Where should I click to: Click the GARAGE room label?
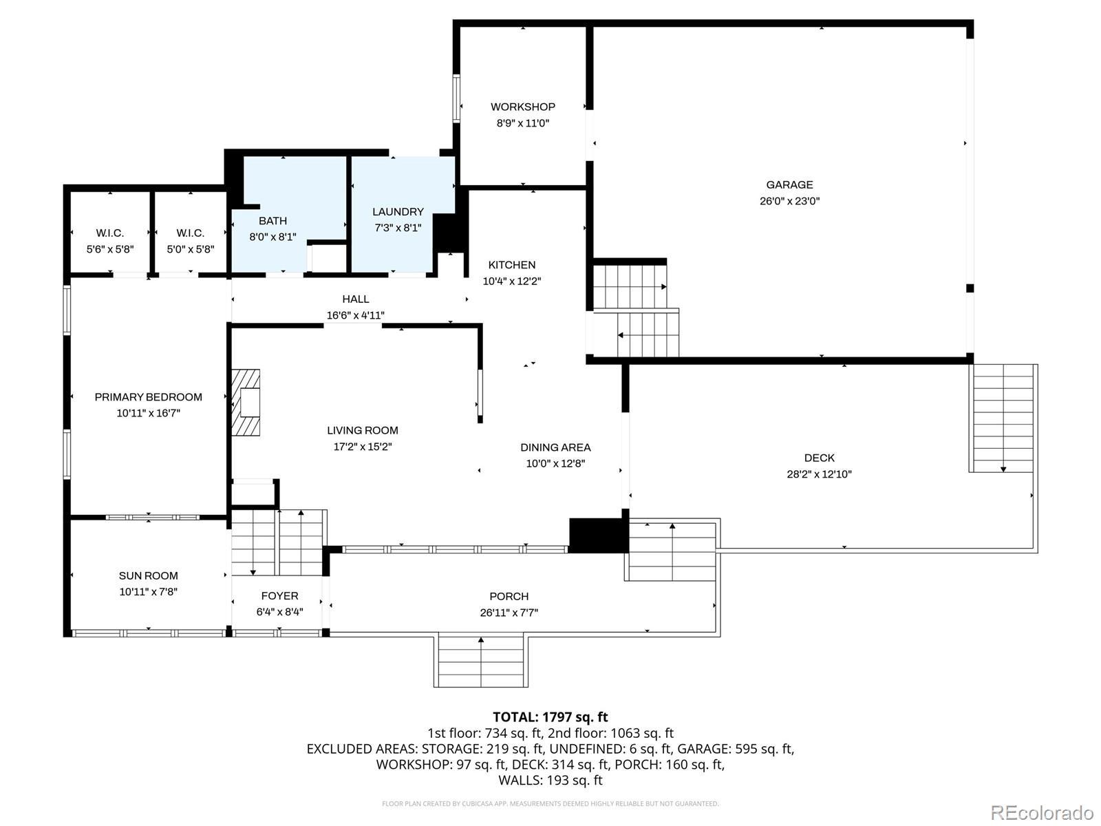coord(789,184)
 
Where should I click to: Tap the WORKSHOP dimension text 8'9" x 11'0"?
coord(523,123)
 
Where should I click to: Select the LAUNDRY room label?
coord(398,211)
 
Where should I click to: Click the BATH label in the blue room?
coord(273,221)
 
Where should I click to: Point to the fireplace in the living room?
coord(246,402)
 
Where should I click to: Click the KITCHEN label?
coord(512,265)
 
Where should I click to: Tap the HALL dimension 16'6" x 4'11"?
coord(356,315)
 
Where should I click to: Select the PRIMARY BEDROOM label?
coord(149,397)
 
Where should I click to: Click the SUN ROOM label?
coord(149,575)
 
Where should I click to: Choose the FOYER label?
coord(280,596)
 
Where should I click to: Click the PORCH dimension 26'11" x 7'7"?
coord(509,613)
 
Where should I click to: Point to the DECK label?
coord(819,458)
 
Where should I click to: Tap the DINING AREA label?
coord(555,447)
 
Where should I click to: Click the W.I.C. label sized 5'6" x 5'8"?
coord(110,233)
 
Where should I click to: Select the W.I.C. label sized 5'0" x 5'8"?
coord(190,233)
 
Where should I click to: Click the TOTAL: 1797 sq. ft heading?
coord(550,717)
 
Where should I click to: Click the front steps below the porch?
coord(481,660)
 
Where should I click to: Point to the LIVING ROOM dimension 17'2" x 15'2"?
coord(363,446)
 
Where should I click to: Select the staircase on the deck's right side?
coord(1003,419)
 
